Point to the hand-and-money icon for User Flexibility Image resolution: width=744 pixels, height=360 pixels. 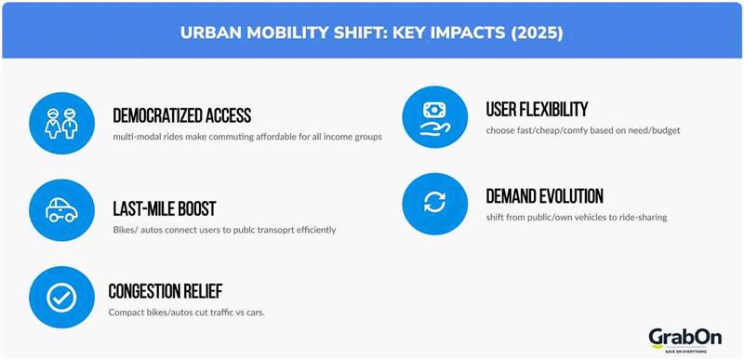431,116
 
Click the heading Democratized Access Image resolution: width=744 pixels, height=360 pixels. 181,115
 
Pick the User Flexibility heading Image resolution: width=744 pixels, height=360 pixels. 537,110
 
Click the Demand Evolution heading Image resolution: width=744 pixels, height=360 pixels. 544,196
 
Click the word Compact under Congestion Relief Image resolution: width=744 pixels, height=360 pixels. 127,312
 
